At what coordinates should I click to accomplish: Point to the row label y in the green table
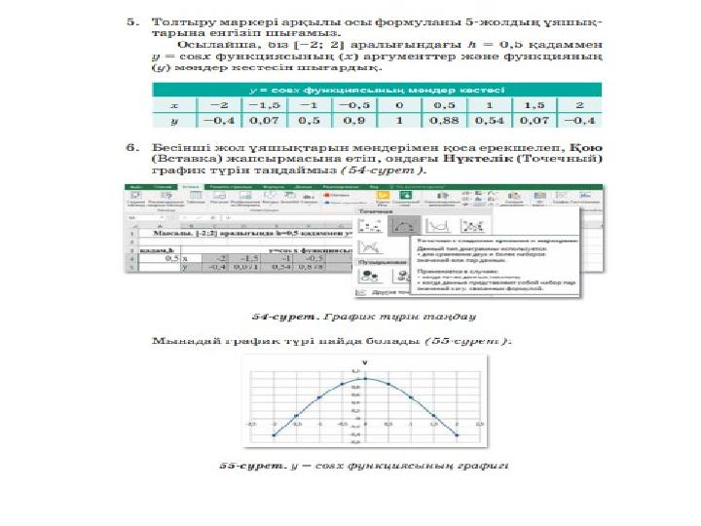click(174, 122)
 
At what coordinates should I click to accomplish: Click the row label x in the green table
click(174, 105)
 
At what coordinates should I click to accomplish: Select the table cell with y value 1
click(398, 122)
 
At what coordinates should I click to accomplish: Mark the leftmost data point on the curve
click(274, 434)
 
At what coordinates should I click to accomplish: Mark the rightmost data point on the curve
click(457, 434)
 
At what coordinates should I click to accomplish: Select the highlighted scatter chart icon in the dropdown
click(397, 225)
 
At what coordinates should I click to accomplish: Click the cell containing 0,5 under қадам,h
click(171, 257)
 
